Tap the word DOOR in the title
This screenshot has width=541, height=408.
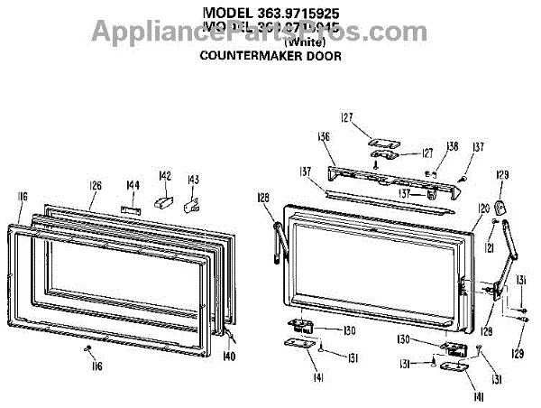(x=323, y=55)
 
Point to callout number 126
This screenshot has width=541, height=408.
(x=96, y=186)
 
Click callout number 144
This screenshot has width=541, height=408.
(x=133, y=186)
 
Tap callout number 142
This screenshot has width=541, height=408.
(x=165, y=175)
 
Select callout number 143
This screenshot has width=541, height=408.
(x=192, y=179)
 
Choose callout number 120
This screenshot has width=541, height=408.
(x=483, y=209)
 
